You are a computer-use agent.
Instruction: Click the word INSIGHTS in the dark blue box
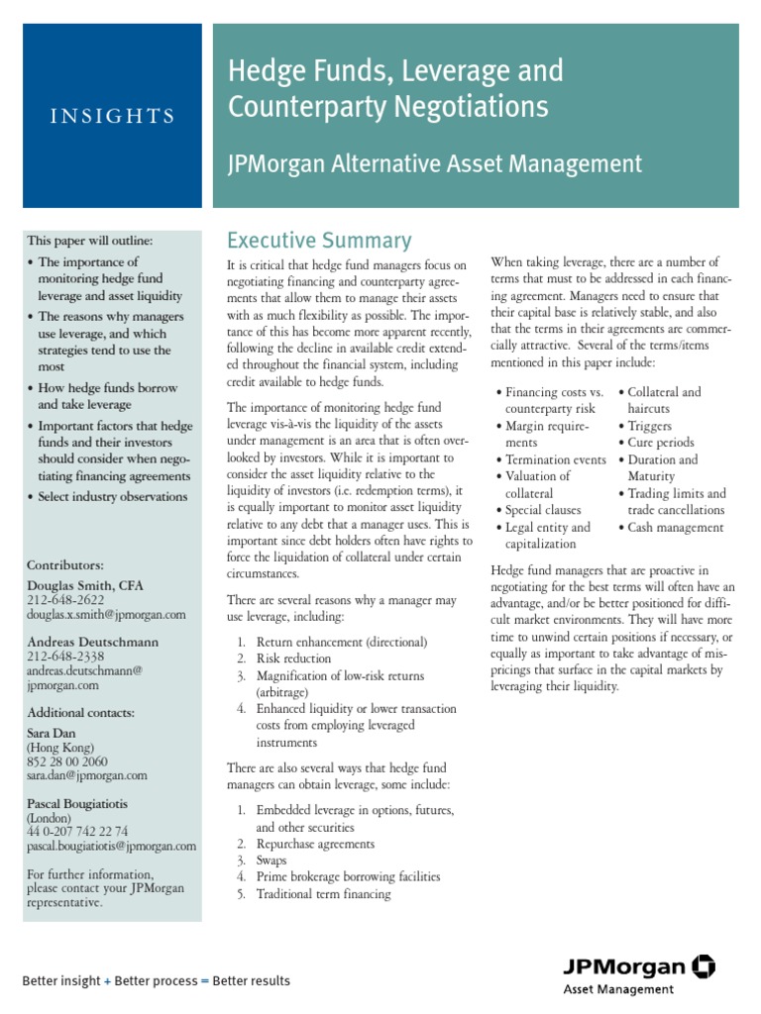pos(112,116)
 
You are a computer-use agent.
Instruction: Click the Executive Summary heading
pos(318,241)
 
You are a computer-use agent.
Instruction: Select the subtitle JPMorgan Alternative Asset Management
pos(435,163)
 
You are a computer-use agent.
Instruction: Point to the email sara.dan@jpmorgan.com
pos(87,775)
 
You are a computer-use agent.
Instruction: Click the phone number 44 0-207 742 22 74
pos(77,831)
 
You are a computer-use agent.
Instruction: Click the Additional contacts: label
pos(81,712)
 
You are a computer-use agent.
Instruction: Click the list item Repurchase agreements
pos(315,844)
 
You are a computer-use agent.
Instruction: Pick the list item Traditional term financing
pos(323,894)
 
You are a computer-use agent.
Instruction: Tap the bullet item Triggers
pos(649,426)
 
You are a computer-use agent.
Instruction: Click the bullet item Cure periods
pos(660,443)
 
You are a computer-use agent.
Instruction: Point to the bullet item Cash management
pos(675,528)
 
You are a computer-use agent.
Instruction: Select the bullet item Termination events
pos(555,459)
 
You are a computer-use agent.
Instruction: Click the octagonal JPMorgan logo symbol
pos(705,965)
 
